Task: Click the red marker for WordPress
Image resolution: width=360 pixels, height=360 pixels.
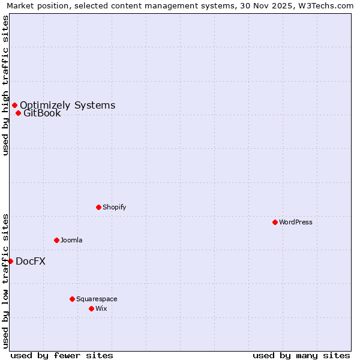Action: pyautogui.click(x=275, y=222)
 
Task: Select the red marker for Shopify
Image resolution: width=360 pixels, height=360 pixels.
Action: pyautogui.click(x=98, y=207)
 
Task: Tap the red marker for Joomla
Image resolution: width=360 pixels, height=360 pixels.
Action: pyautogui.click(x=56, y=240)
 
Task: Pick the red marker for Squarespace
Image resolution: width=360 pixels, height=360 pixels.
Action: pyautogui.click(x=72, y=299)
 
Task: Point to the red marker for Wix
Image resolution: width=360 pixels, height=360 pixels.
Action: pyautogui.click(x=91, y=308)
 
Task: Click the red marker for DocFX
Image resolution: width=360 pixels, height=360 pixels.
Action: pyautogui.click(x=10, y=261)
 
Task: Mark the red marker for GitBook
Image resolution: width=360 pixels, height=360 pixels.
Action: pyautogui.click(x=18, y=113)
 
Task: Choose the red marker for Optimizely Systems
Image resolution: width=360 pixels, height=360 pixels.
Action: pyautogui.click(x=14, y=106)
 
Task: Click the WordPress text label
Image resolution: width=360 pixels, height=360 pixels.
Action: pyautogui.click(x=296, y=222)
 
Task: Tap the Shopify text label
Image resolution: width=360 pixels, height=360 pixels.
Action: pyautogui.click(x=115, y=207)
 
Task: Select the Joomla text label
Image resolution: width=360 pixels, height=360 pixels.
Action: pyautogui.click(x=71, y=240)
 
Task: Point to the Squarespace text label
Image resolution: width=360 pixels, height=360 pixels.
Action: pyautogui.click(x=97, y=299)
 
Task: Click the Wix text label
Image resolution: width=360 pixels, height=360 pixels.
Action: pyautogui.click(x=101, y=308)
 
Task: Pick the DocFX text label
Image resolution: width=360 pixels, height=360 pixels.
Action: pyautogui.click(x=31, y=261)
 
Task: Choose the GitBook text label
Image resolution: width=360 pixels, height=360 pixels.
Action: pyautogui.click(x=42, y=113)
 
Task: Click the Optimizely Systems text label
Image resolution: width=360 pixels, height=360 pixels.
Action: pyautogui.click(x=68, y=106)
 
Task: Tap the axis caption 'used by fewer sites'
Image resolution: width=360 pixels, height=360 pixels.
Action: pyautogui.click(x=62, y=355)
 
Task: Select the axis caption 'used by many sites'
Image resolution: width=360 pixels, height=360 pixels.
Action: pyautogui.click(x=301, y=355)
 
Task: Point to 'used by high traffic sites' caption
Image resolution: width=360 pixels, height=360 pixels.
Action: pyautogui.click(x=6, y=85)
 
